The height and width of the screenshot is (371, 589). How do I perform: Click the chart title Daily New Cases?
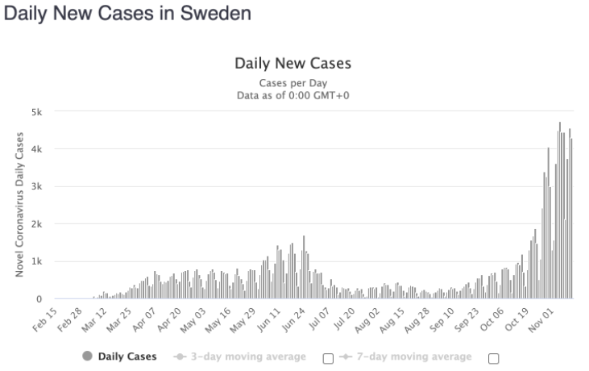[292, 64]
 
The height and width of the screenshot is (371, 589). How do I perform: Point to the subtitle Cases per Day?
[292, 83]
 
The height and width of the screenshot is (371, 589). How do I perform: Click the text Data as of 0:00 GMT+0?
[292, 96]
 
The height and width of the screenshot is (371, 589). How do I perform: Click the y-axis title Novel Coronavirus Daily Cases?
[19, 205]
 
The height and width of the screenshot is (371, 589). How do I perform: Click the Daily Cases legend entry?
[127, 356]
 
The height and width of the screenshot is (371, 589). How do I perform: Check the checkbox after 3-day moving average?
[328, 357]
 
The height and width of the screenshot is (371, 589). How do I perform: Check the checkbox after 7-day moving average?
[494, 357]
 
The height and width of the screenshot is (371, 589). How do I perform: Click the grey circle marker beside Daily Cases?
[87, 356]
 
